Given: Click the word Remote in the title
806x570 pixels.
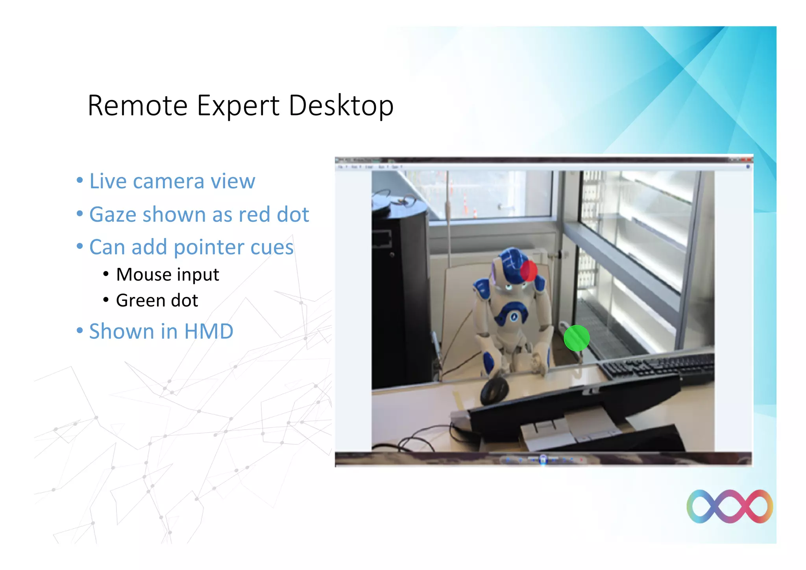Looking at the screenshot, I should (x=137, y=106).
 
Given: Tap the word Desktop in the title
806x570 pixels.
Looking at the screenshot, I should (x=341, y=106).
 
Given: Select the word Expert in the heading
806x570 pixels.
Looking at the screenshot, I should (x=238, y=106).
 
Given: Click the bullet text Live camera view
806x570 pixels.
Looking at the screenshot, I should (x=172, y=181).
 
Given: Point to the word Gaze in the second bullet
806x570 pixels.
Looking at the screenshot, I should (x=114, y=215).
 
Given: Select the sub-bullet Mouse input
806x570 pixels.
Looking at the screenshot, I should (x=167, y=275).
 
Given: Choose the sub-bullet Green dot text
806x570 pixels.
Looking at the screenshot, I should (x=157, y=301).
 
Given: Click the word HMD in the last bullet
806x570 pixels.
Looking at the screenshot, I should (x=209, y=331).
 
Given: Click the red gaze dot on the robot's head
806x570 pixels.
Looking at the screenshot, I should (x=529, y=271).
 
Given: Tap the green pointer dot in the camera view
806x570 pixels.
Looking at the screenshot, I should (x=577, y=338).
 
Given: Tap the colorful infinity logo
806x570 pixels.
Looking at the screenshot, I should (x=729, y=507).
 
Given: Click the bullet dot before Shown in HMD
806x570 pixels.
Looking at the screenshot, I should (x=80, y=330).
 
